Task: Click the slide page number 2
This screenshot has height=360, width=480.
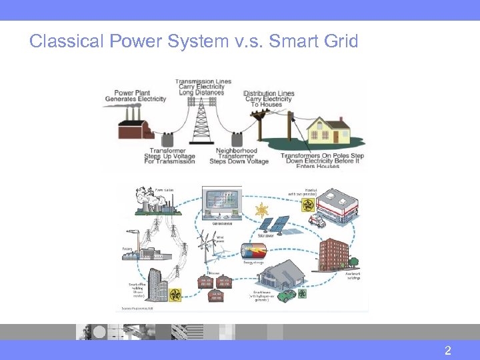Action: pyautogui.click(x=448, y=351)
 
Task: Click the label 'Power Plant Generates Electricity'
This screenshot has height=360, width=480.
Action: pyautogui.click(x=135, y=96)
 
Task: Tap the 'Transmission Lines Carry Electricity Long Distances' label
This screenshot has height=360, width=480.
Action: pyautogui.click(x=203, y=87)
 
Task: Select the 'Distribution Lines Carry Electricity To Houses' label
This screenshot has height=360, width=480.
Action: pyautogui.click(x=269, y=99)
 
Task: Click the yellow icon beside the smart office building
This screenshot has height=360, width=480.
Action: pyautogui.click(x=175, y=294)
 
